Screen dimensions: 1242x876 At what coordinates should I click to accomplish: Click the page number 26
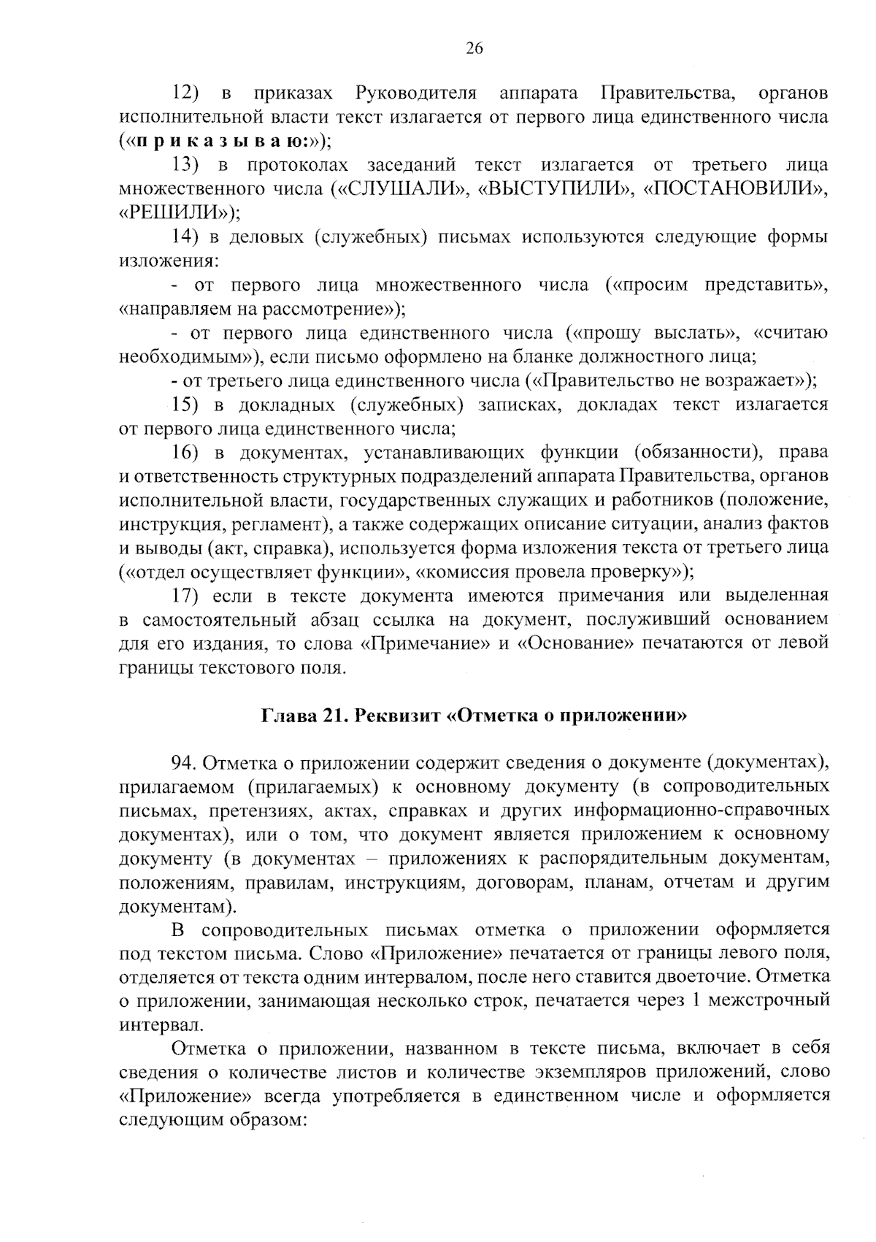coord(474,49)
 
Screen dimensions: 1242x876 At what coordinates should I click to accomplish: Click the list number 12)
coord(187,93)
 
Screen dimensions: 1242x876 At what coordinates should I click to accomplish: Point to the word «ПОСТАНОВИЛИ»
coord(737,189)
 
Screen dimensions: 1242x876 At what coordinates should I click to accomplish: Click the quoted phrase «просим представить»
coord(718,285)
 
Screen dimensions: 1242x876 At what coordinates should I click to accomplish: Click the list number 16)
coord(186,452)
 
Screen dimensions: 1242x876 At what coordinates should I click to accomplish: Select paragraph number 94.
coord(182,763)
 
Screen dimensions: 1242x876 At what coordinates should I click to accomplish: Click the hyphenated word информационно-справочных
coord(702,810)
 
